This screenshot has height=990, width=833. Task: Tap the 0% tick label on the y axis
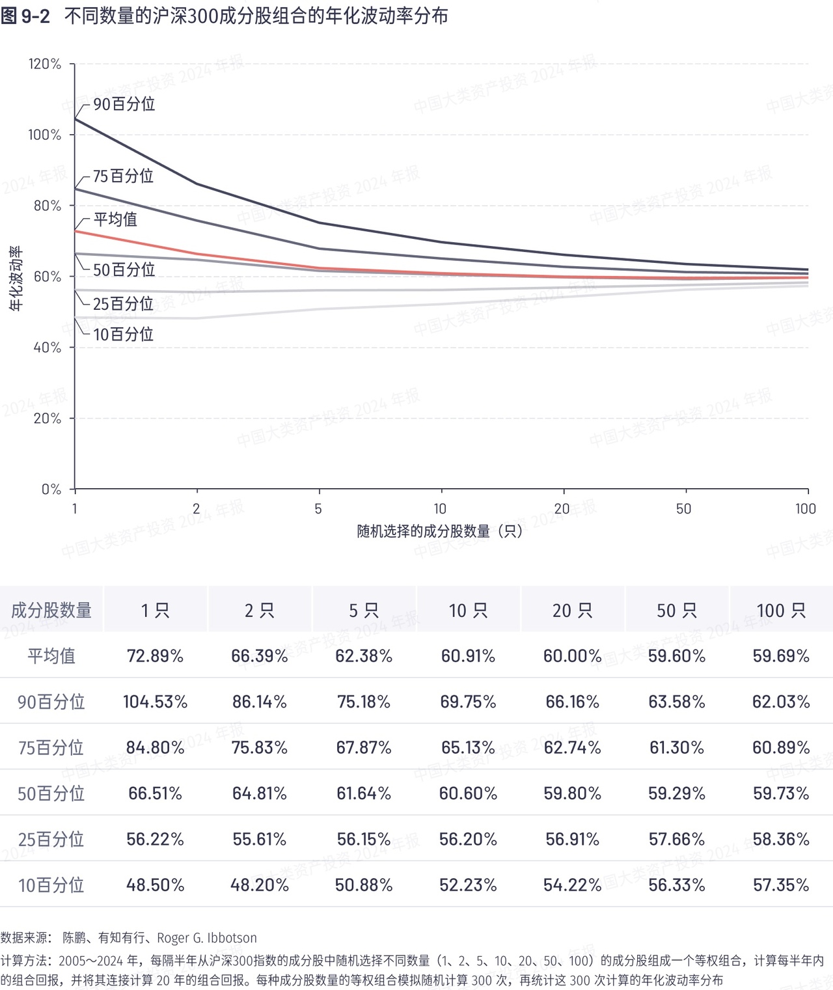51,489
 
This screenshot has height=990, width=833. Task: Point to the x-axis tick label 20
562,509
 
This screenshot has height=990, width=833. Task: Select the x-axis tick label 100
805,509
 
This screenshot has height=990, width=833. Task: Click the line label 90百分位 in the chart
124,104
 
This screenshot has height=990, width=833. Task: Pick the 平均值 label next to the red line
115,219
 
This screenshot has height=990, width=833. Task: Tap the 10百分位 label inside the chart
123,335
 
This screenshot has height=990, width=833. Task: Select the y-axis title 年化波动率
16,278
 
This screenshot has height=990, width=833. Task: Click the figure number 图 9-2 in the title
25,16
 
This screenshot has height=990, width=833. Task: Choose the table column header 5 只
364,611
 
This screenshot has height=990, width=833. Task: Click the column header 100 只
781,611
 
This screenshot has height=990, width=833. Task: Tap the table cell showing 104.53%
155,702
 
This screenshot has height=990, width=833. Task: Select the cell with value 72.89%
155,655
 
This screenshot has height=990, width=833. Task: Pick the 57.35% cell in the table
781,885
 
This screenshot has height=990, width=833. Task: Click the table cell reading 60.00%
572,655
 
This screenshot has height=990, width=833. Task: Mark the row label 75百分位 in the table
51,747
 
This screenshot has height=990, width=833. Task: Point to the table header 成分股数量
51,611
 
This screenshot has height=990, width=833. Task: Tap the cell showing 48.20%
260,885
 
